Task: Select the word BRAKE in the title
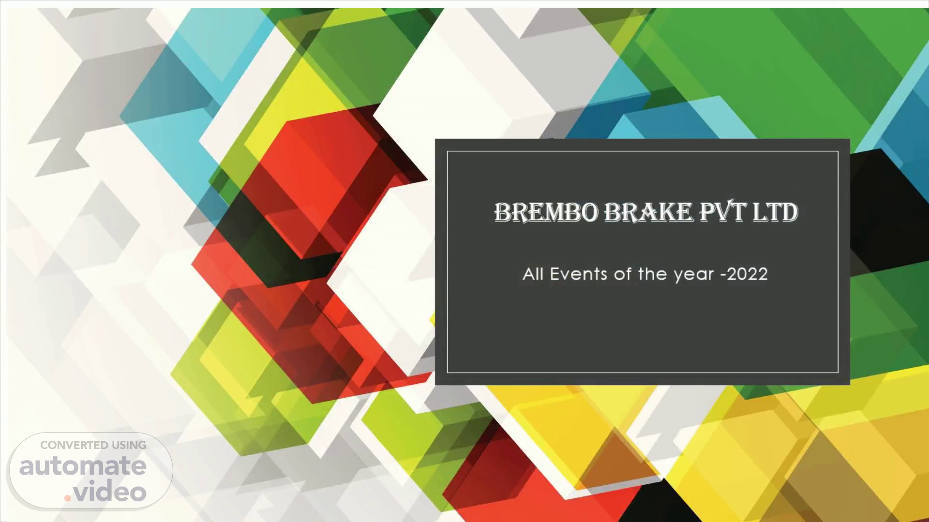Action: tap(648, 212)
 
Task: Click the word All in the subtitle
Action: tap(533, 274)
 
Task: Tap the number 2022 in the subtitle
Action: tap(747, 274)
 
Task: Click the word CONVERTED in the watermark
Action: tap(74, 445)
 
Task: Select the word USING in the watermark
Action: tap(129, 445)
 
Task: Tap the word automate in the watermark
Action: tap(83, 466)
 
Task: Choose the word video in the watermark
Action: tap(110, 492)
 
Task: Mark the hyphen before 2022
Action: tap(723, 275)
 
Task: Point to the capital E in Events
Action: tap(555, 274)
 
